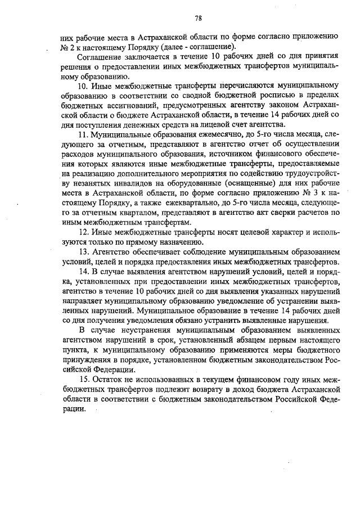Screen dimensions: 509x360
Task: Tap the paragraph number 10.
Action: [x=83, y=86]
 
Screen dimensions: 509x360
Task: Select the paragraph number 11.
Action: [x=83, y=134]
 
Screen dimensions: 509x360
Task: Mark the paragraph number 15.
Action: [x=83, y=380]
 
